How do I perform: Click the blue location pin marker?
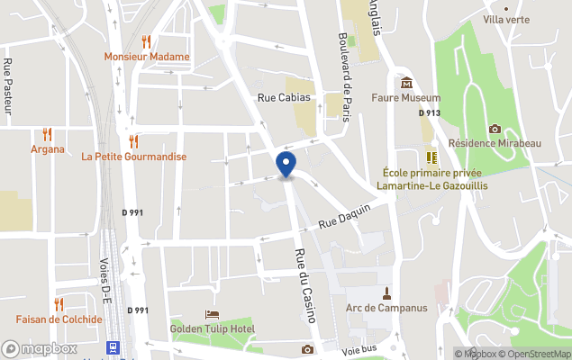coord(286,165)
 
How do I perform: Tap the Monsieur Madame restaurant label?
coord(147,57)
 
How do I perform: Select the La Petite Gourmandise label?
coord(133,157)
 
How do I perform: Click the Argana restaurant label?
coord(48,148)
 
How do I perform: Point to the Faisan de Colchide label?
coord(58,319)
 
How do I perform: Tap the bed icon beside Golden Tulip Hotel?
coord(212,314)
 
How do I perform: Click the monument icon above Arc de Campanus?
coord(386,292)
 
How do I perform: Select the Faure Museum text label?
coord(406,98)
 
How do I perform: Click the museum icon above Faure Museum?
coord(406,83)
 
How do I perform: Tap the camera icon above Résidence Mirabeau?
coord(494,129)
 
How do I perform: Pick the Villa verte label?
coord(506,19)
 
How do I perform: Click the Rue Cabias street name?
coord(284,97)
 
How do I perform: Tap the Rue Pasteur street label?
coord(8,87)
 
